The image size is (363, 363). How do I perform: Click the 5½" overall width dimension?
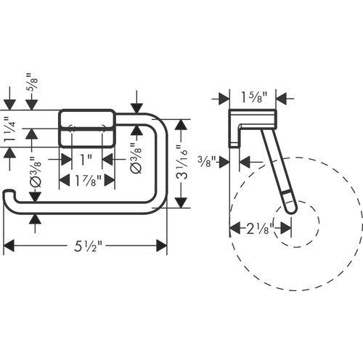click(x=86, y=246)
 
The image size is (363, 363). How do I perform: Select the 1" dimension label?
click(x=86, y=160)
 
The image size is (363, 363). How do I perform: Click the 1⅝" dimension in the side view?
click(x=253, y=97)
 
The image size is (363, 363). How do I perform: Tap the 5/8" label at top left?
click(x=33, y=83)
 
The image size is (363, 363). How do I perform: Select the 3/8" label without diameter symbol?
click(x=207, y=162)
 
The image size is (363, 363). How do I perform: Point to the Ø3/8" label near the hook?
click(x=36, y=171)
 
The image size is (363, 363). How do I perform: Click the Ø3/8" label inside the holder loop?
click(x=136, y=158)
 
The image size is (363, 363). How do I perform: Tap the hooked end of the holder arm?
click(x=9, y=195)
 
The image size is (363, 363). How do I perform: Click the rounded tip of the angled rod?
click(x=291, y=210)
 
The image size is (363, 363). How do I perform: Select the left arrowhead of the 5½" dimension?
click(x=9, y=246)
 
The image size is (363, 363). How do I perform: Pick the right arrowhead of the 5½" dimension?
click(x=162, y=246)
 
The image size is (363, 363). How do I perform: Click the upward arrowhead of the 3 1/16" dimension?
click(x=181, y=125)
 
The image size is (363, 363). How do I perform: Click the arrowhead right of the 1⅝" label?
click(x=282, y=99)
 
